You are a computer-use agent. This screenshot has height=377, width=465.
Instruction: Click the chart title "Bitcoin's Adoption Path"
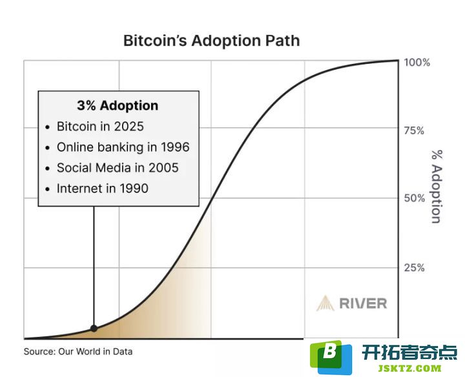click(x=211, y=41)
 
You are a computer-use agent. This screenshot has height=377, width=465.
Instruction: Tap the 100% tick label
click(x=417, y=63)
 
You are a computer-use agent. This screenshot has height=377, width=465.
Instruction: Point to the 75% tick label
click(x=414, y=130)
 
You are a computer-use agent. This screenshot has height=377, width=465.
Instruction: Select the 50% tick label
click(x=414, y=198)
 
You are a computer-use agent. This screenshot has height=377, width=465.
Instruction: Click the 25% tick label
click(x=414, y=268)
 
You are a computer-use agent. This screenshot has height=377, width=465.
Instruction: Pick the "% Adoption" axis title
click(x=437, y=187)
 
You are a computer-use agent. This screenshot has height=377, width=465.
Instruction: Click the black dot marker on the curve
click(x=94, y=329)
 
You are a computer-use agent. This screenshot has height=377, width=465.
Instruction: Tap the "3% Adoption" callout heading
click(x=118, y=105)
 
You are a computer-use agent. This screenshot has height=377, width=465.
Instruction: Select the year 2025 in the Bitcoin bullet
click(x=129, y=127)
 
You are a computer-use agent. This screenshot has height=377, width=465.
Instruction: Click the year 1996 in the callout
click(x=175, y=147)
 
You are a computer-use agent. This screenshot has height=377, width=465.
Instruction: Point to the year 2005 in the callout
click(x=163, y=168)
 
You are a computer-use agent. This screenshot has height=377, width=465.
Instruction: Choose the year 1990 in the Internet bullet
click(x=134, y=188)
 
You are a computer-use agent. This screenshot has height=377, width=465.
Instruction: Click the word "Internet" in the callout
click(x=77, y=188)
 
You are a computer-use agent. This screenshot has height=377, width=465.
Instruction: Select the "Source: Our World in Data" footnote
click(x=78, y=352)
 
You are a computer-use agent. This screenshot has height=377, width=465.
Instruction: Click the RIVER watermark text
click(x=363, y=303)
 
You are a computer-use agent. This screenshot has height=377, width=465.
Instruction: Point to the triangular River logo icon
click(x=325, y=303)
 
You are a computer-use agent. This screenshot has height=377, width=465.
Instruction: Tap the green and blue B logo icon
click(x=331, y=357)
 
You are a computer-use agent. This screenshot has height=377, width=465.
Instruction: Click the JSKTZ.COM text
click(x=409, y=369)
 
